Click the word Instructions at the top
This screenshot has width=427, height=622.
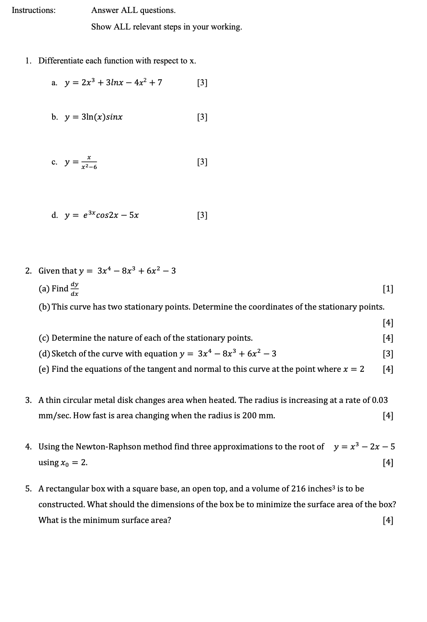(34, 11)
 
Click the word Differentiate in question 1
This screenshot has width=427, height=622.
(61, 61)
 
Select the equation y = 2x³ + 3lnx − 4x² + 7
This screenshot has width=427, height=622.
(114, 83)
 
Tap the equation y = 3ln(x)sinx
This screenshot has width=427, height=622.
(94, 117)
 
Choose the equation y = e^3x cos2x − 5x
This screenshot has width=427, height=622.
(102, 215)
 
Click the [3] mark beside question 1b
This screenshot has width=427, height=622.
(202, 117)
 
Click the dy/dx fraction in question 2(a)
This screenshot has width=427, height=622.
(75, 289)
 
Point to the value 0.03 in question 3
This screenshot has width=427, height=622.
(380, 400)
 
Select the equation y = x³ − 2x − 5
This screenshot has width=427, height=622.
(364, 447)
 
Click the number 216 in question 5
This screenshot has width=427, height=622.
(298, 489)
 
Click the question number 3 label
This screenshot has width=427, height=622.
(28, 400)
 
